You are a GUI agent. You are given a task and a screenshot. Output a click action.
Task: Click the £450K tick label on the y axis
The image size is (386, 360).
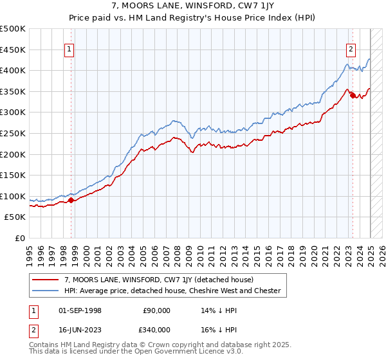(13, 50)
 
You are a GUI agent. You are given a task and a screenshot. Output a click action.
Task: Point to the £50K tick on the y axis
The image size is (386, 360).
(15, 217)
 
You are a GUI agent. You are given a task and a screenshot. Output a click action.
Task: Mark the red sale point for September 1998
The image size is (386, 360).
(71, 200)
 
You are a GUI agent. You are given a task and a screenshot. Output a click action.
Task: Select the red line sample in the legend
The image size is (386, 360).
(46, 280)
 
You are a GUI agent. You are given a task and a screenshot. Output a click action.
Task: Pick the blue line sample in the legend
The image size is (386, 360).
(46, 291)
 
